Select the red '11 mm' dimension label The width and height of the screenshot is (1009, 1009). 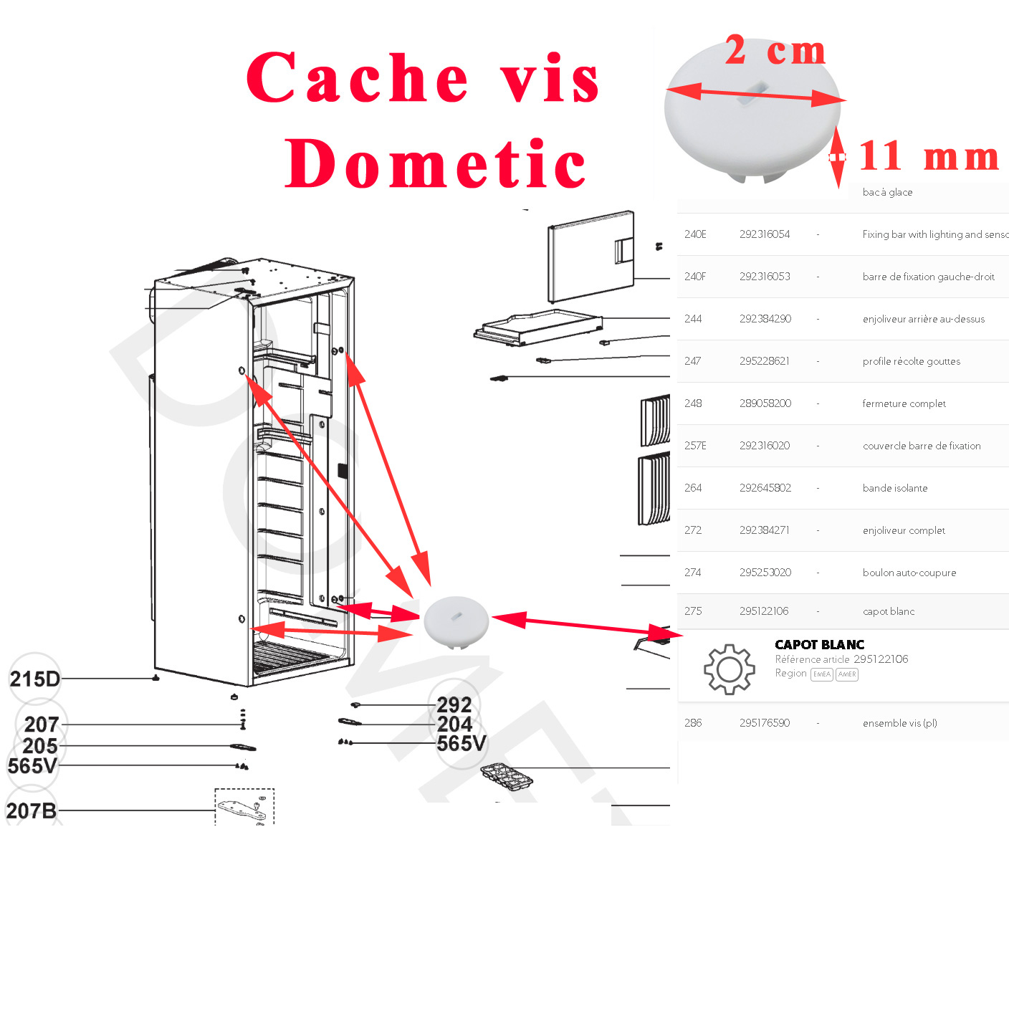pos(929,156)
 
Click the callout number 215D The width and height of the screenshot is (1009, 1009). pos(34,679)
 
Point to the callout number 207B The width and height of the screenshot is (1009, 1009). pos(32,810)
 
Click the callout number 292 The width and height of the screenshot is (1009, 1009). pos(454,705)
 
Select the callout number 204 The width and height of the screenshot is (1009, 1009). pos(454,725)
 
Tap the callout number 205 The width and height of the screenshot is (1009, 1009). pos(40,745)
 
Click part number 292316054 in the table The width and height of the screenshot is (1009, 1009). pos(765,234)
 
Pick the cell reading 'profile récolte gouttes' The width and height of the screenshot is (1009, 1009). pos(911,361)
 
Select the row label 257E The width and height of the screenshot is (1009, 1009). pos(695,446)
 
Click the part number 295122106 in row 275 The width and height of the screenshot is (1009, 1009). pos(764,611)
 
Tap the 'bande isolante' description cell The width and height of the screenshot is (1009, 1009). pos(895,488)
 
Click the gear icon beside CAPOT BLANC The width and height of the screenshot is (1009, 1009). pos(729,669)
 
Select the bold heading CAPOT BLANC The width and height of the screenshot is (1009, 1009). pos(819,645)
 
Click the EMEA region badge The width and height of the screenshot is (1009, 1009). pos(821,674)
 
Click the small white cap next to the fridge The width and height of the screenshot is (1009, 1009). pos(456,621)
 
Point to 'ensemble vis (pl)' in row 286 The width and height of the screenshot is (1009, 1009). pos(899,723)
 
